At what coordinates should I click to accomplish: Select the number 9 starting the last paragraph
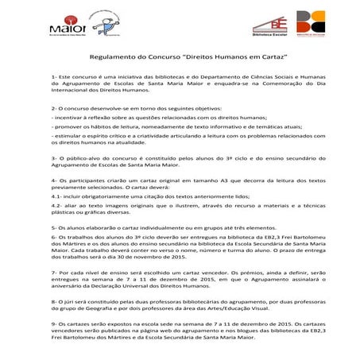pos(52,324)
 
